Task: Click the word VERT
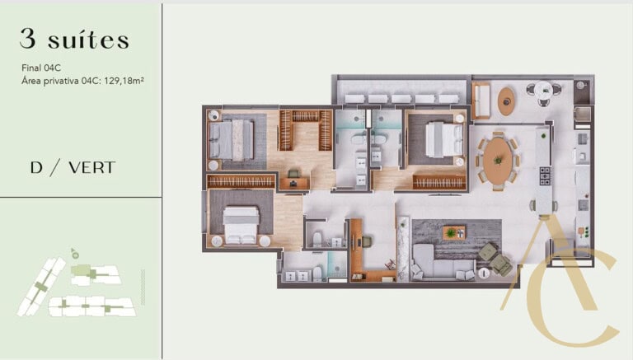click(91, 168)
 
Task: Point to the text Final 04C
click(41, 68)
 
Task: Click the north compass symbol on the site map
click(74, 255)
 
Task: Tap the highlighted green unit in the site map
click(80, 270)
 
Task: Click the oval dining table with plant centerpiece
click(497, 161)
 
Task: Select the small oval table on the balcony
click(506, 101)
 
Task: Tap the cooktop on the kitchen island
click(544, 175)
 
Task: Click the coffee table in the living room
click(452, 232)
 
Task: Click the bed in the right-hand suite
click(437, 138)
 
